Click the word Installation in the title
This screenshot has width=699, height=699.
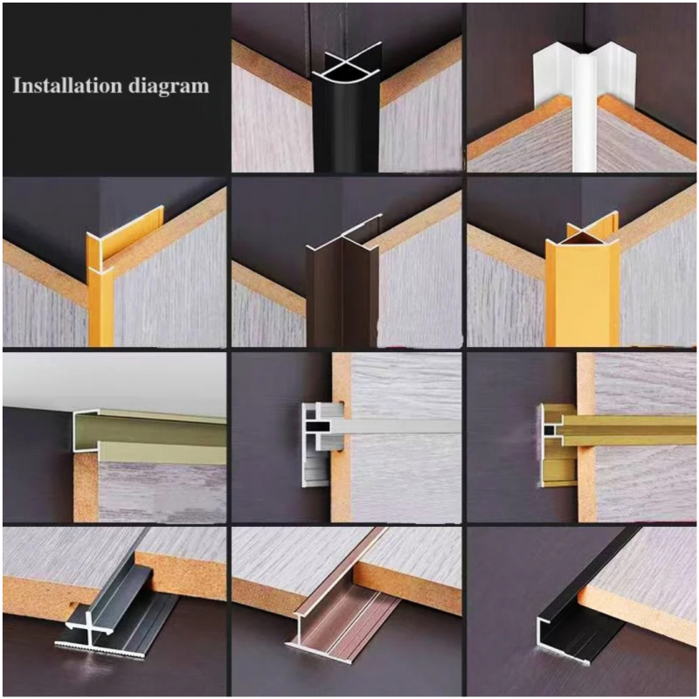tap(67, 85)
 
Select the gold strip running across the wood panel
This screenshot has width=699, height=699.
tap(629, 431)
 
